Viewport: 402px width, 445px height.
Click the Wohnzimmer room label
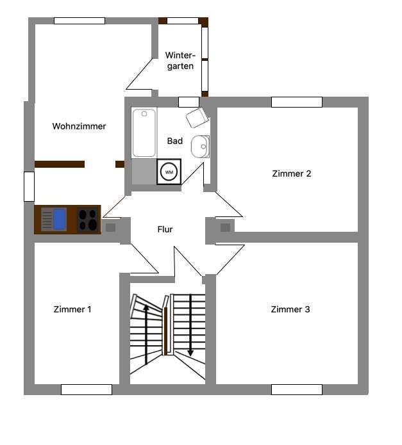coord(79,126)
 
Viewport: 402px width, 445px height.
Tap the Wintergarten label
coord(180,60)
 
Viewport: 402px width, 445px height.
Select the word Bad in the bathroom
coord(174,141)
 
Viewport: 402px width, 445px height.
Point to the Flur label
coord(165,229)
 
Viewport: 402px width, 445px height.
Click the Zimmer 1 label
coord(72,309)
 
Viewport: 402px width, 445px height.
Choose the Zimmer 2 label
coord(291,174)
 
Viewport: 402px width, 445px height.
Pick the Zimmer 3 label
coord(290,309)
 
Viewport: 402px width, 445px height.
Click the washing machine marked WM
coord(169,172)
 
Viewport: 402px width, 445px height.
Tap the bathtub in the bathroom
coord(144,133)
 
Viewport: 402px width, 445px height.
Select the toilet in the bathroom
coord(197,118)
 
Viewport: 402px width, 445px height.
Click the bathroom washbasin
coord(201,147)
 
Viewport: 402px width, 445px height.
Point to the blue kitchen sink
coord(59,220)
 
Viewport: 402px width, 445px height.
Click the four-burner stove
coord(88,220)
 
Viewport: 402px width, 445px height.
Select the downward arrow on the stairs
coord(190,327)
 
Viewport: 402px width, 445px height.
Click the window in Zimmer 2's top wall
coord(296,102)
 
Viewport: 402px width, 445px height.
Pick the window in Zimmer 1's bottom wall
coord(86,389)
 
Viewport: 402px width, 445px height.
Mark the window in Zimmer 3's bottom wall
coord(296,389)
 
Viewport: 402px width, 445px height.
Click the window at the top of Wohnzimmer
coord(80,20)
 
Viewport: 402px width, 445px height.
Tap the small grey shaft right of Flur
coord(225,227)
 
